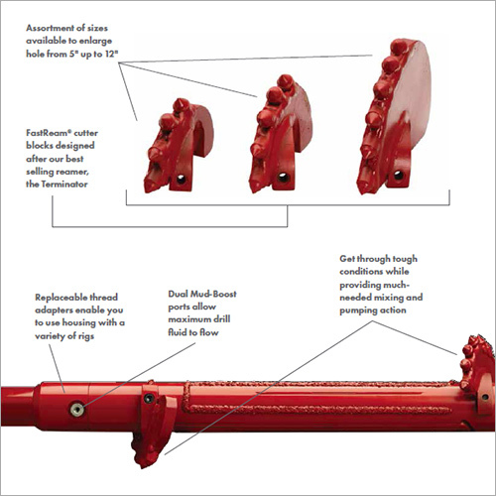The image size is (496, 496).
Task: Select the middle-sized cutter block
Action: [280, 136]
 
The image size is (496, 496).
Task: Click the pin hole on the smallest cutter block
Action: [181, 180]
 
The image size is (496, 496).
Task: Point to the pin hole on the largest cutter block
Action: [399, 175]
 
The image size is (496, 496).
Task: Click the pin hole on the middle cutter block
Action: [284, 178]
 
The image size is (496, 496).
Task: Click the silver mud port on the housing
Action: [77, 410]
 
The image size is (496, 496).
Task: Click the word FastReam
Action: [49, 133]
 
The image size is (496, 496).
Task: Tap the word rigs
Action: [86, 336]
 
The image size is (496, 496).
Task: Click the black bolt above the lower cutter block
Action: [149, 399]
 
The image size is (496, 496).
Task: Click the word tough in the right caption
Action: [405, 259]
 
